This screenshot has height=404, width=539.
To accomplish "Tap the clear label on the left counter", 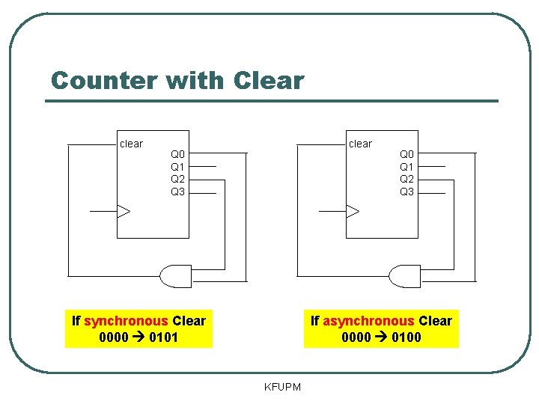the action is (x=131, y=144).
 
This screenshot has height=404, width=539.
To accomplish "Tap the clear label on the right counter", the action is (x=360, y=144).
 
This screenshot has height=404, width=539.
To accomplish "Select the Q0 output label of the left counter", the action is (x=177, y=154).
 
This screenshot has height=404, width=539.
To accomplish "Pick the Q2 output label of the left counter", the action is (x=177, y=179).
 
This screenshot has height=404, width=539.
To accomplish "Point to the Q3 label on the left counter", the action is (x=177, y=192).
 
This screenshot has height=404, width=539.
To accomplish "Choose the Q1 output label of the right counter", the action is (x=406, y=167).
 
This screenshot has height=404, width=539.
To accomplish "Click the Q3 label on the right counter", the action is (x=406, y=192).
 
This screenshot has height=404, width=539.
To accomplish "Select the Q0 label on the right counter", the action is (x=406, y=154).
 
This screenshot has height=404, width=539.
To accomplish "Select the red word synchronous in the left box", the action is (x=126, y=321).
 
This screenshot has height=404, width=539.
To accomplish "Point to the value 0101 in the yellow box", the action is (x=164, y=337).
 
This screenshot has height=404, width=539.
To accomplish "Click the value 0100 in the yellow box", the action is (x=406, y=337).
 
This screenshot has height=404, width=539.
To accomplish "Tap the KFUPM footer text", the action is (x=283, y=387).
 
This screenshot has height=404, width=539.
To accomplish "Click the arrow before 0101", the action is (x=138, y=337).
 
